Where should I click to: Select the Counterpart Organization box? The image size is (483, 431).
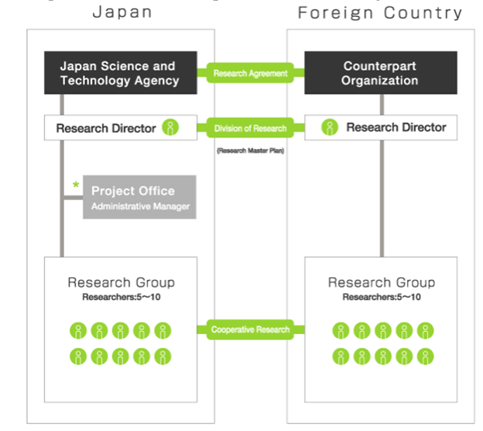[380, 73]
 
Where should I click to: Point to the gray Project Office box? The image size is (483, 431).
[139, 197]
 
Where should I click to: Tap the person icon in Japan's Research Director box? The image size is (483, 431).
[170, 128]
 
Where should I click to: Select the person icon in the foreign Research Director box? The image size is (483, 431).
[331, 128]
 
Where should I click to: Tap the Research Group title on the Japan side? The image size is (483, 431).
[121, 282]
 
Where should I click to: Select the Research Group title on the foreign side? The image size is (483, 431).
[381, 282]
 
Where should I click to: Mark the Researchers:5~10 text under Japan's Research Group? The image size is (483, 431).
[121, 296]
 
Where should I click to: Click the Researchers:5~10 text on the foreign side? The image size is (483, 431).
[381, 296]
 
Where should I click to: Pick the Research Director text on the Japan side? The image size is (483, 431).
[106, 128]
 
